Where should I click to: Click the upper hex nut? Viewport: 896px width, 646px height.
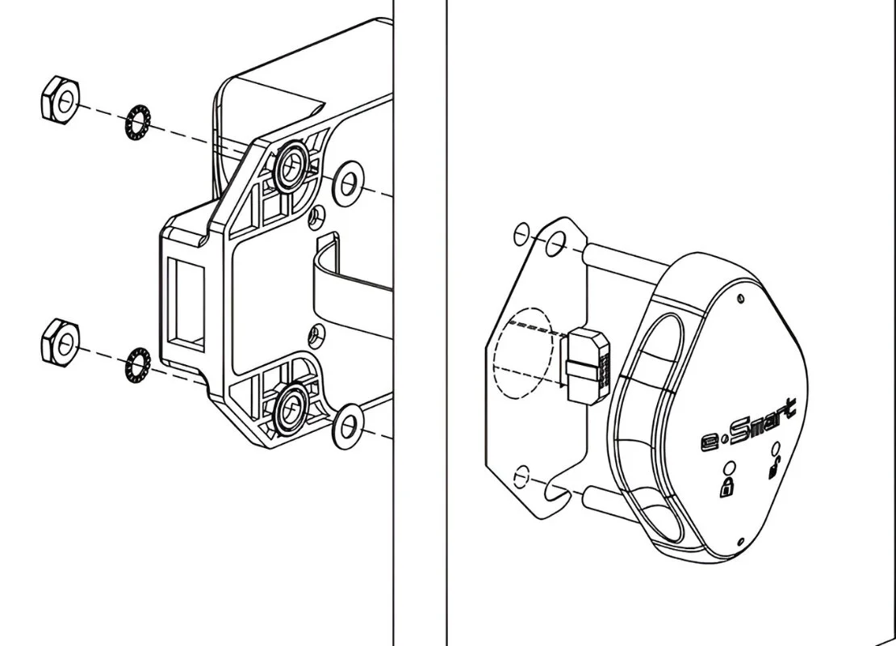coord(61,99)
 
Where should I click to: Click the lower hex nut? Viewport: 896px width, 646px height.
coord(61,342)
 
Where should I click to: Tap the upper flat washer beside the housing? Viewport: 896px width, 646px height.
coord(347,183)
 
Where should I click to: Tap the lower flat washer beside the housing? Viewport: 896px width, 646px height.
coord(347,426)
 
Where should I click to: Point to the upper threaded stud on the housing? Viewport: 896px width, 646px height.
coord(291,165)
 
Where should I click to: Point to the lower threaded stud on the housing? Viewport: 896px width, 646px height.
coord(291,408)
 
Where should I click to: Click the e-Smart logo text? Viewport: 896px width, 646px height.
coord(748,426)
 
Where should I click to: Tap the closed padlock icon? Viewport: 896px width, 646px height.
coord(726,488)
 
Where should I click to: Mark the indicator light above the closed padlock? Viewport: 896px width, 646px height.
coord(729,467)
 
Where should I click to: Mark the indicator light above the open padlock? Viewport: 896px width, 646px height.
coord(776,447)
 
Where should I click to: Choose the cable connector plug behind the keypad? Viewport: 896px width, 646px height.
coord(588,366)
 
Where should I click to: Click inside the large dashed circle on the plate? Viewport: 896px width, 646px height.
coord(523,352)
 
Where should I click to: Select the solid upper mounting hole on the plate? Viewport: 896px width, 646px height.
coord(555,245)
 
